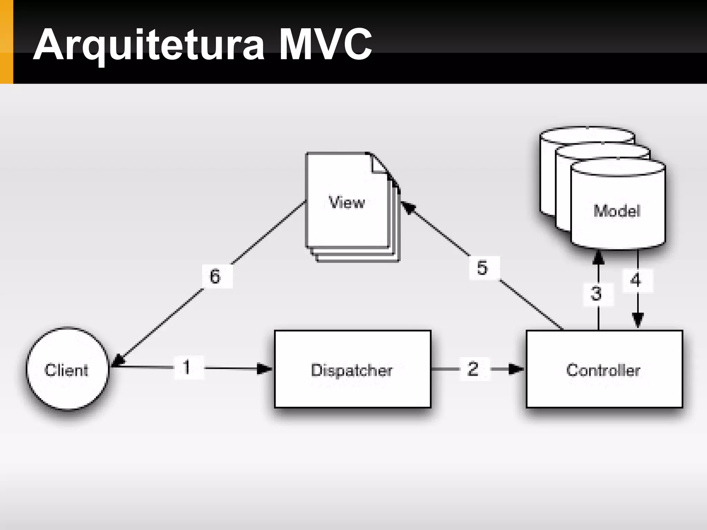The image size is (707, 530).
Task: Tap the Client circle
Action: point(67,369)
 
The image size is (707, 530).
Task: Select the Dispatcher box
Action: point(352,369)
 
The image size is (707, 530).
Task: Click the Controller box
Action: point(604,369)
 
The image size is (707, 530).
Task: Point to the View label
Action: point(347,202)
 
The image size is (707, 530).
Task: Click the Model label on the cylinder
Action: point(617,210)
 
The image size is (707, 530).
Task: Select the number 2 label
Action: point(473,369)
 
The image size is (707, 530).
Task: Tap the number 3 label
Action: point(597,294)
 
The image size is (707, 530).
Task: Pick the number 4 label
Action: point(636,280)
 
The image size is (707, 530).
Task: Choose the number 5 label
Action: point(483,267)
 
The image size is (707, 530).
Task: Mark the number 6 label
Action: point(215,276)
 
